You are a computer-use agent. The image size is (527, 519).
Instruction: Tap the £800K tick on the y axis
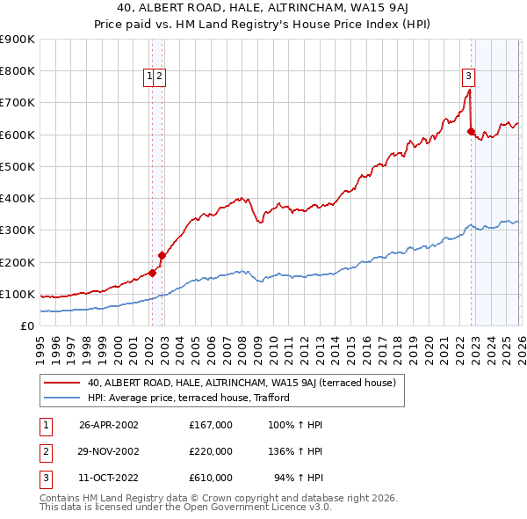[18, 71]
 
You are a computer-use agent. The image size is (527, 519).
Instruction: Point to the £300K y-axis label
[18, 230]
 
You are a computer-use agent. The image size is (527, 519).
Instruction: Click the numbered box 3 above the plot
[469, 77]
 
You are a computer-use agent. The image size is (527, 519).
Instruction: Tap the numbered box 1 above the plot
[150, 77]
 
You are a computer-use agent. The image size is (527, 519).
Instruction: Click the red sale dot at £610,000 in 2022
[472, 132]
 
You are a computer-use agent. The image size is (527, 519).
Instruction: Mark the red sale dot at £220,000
[162, 256]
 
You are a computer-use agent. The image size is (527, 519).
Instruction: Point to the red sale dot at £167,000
[152, 273]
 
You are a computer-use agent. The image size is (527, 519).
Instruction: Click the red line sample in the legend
[62, 383]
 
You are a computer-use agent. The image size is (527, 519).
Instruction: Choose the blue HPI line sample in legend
[62, 398]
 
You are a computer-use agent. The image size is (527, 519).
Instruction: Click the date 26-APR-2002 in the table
[109, 425]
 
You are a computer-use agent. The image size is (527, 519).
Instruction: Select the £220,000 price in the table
[211, 451]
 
